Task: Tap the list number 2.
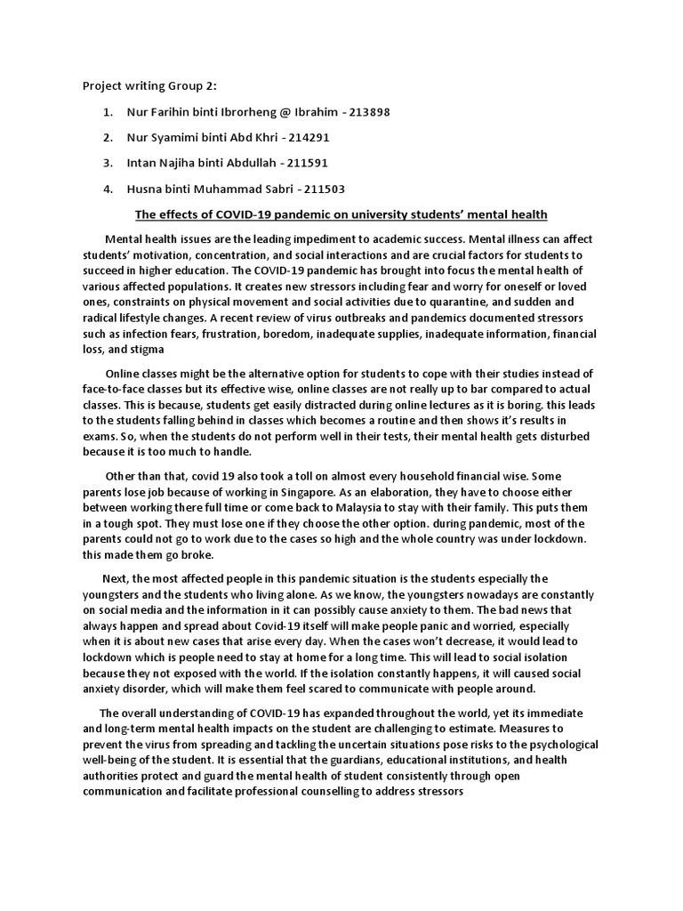(x=107, y=138)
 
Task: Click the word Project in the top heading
(x=103, y=86)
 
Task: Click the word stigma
(x=145, y=350)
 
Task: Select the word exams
(x=101, y=437)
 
